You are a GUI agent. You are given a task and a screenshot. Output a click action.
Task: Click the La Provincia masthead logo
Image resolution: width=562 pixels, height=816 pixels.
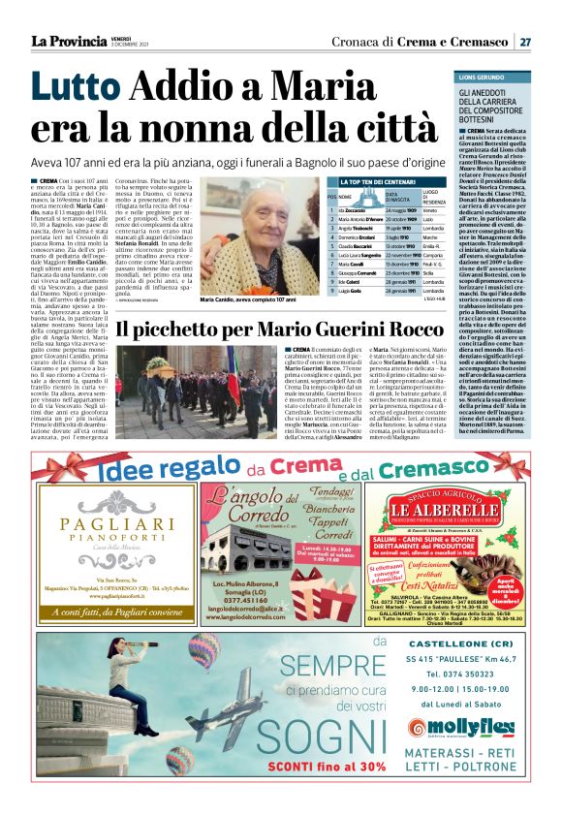68,41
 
